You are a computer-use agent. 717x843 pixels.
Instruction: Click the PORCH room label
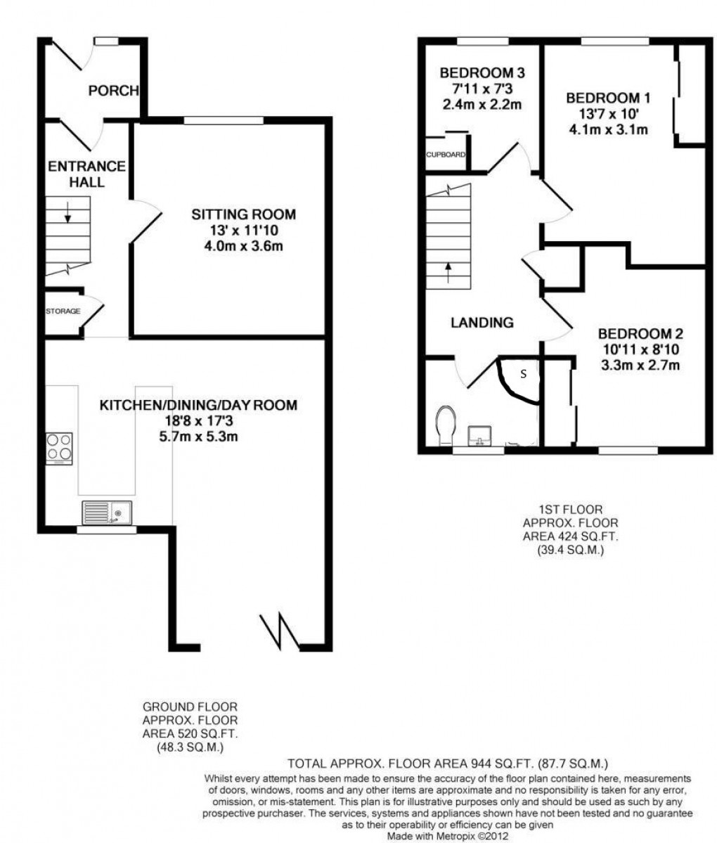(x=113, y=90)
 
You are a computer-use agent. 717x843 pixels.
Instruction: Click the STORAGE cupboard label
(x=63, y=311)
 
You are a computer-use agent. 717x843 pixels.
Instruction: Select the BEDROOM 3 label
(x=482, y=72)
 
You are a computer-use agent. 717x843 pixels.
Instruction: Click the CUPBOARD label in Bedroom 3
(x=445, y=155)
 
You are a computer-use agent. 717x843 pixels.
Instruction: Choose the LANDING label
(x=482, y=323)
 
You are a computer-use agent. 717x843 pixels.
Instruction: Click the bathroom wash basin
(x=481, y=434)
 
